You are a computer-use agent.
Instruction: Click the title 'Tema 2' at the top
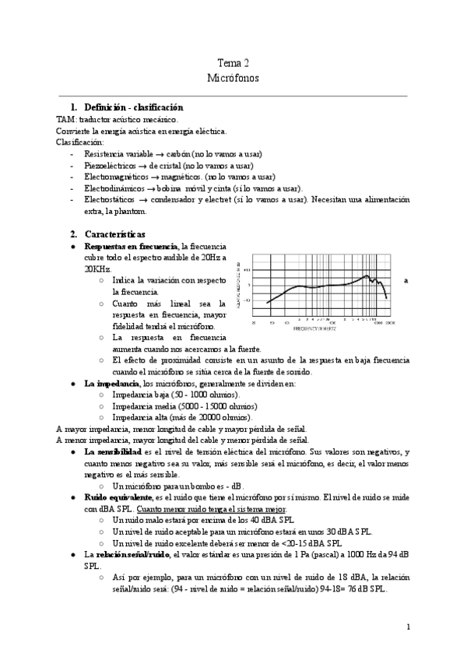(233, 64)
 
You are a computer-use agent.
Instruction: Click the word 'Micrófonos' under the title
(233, 78)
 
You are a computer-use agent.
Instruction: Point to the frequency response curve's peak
(368, 276)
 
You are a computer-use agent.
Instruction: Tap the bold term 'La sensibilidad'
(113, 451)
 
